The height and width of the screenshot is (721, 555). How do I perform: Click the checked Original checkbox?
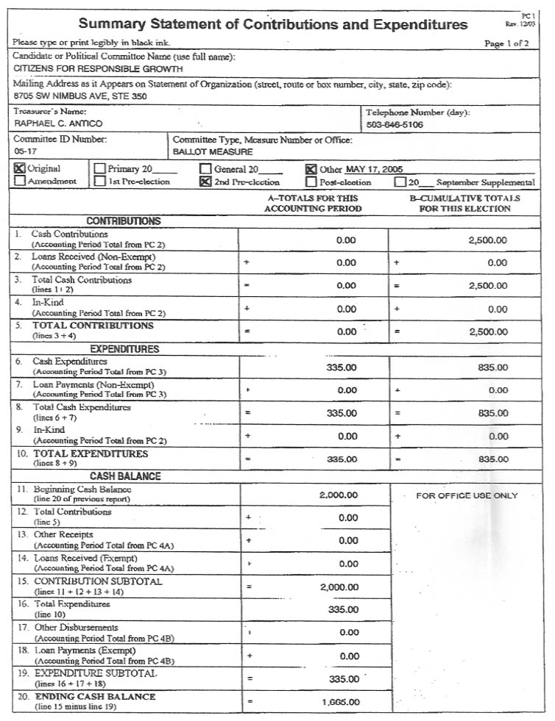pyautogui.click(x=20, y=168)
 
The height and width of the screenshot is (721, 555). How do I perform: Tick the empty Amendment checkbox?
pyautogui.click(x=20, y=181)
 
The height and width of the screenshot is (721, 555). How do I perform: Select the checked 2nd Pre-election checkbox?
pyautogui.click(x=206, y=182)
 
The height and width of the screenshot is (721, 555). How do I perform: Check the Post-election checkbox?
pyautogui.click(x=311, y=182)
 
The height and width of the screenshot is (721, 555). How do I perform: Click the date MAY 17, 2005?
pyautogui.click(x=375, y=169)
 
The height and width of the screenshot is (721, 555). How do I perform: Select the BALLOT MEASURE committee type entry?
pyautogui.click(x=212, y=151)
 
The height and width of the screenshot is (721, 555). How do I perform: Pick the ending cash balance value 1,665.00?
pyautogui.click(x=341, y=702)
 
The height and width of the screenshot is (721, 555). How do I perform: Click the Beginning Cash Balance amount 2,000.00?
pyautogui.click(x=339, y=495)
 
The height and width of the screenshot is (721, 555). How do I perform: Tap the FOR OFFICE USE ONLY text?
pyautogui.click(x=467, y=495)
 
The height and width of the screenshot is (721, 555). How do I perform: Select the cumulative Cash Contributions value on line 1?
pyautogui.click(x=487, y=240)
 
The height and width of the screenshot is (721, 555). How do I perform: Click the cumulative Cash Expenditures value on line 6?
pyautogui.click(x=492, y=367)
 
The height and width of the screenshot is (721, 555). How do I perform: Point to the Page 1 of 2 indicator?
pyautogui.click(x=506, y=43)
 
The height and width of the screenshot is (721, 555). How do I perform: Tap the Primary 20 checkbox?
pyautogui.click(x=101, y=168)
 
